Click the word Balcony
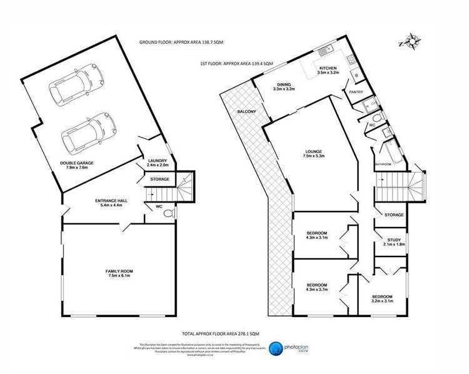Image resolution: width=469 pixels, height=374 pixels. click(x=246, y=112)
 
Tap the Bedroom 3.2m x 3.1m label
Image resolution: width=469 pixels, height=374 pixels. click(x=383, y=299)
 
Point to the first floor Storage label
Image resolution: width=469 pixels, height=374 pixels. click(x=394, y=215)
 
